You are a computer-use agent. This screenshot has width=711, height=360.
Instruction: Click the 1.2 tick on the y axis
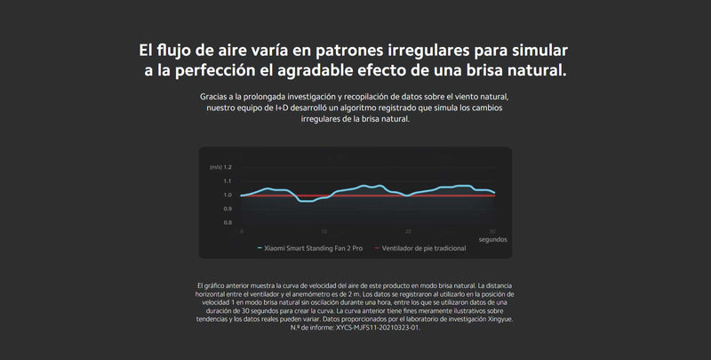228,167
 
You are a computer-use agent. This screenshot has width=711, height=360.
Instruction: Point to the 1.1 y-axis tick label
228,181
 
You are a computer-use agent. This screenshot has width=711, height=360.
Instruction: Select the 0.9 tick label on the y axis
228,209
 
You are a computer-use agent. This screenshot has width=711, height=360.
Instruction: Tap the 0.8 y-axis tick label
228,222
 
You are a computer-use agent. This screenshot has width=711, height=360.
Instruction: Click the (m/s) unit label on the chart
215,167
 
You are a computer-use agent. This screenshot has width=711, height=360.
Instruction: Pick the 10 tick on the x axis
324,232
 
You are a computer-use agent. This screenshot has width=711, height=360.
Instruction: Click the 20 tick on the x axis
408,232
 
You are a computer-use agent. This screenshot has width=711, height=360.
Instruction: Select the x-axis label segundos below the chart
493,239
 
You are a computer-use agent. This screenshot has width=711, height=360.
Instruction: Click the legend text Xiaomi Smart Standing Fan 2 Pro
314,249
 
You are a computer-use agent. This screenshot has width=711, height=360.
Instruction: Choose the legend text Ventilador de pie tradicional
424,249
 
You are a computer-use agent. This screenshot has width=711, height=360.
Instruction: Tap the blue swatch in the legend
260,249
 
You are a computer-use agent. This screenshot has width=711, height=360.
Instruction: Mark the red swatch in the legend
377,249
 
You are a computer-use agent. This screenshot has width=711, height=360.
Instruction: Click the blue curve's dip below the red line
306,201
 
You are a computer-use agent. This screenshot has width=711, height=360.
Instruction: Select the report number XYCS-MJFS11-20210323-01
379,327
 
